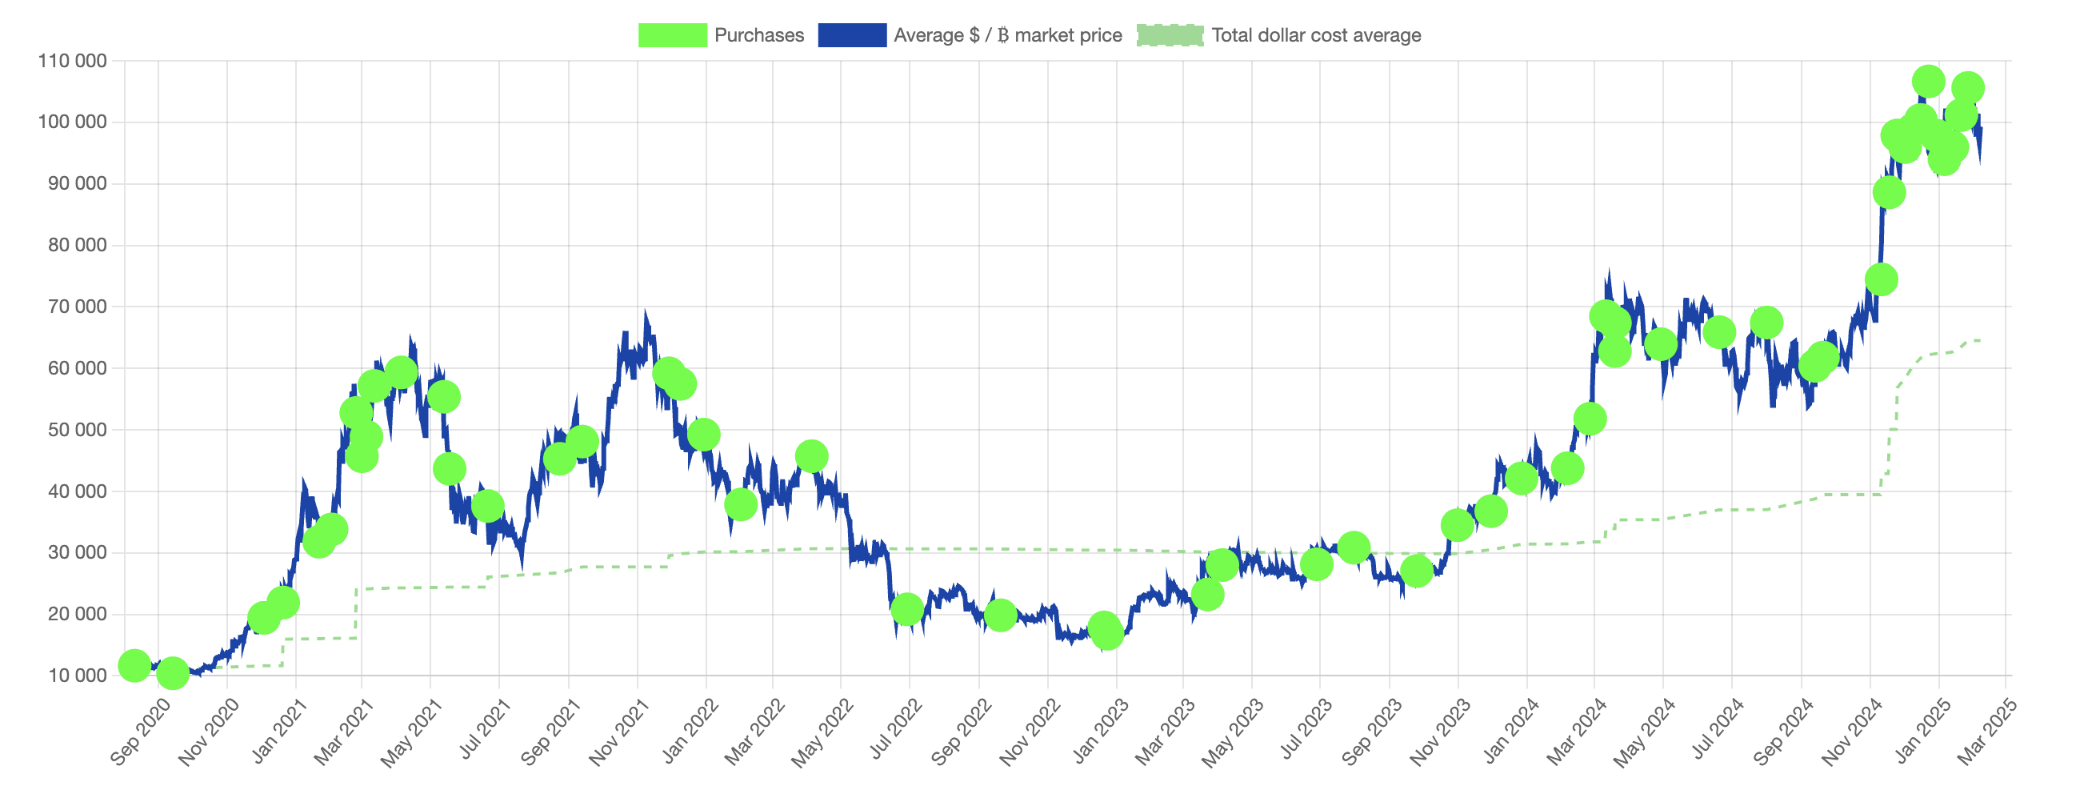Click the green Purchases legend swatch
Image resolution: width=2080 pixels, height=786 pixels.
(x=672, y=35)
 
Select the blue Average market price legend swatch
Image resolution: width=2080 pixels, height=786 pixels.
(x=852, y=35)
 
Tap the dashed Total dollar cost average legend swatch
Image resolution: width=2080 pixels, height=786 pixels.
(x=1169, y=35)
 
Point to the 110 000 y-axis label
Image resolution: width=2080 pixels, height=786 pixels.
(x=72, y=62)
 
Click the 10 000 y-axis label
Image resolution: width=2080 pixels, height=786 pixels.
(x=77, y=676)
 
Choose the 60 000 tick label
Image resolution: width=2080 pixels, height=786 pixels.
(x=77, y=368)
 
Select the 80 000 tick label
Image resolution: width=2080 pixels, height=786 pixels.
(x=77, y=246)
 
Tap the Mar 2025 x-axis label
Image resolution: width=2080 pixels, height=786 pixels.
(x=1987, y=731)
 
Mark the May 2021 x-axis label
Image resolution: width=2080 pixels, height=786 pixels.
(x=412, y=731)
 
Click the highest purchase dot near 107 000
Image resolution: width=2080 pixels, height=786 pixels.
(x=1927, y=82)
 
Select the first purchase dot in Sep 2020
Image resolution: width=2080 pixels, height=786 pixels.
(x=134, y=666)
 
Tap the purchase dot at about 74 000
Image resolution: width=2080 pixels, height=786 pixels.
(x=1881, y=280)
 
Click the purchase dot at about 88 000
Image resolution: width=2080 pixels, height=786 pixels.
(x=1889, y=193)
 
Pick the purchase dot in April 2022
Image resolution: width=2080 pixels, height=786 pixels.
(x=810, y=456)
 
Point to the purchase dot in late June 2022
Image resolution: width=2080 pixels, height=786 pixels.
(x=906, y=610)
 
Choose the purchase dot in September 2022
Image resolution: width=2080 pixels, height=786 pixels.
(x=1001, y=616)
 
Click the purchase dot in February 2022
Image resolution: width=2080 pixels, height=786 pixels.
(x=741, y=505)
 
